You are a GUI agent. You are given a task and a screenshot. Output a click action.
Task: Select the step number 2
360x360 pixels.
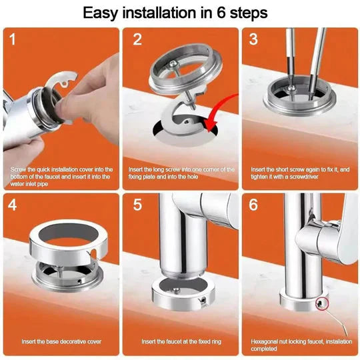[137, 40]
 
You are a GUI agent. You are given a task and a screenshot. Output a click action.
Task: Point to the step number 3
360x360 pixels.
[254, 39]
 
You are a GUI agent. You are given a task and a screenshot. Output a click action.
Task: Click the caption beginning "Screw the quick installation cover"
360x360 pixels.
[61, 177]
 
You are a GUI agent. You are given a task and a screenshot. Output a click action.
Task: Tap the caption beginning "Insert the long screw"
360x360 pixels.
[180, 173]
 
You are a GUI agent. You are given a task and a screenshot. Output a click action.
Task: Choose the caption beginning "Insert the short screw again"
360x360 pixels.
[299, 173]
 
